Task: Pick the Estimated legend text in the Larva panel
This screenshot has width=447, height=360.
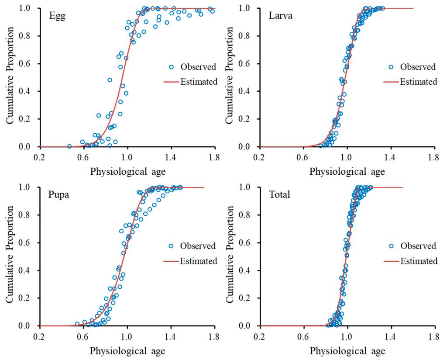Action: [x=418, y=82]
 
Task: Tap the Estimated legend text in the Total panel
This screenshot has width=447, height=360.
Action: [x=418, y=261]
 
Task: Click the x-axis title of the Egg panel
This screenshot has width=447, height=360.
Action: [x=127, y=171]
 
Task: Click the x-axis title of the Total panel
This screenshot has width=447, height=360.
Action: [x=347, y=351]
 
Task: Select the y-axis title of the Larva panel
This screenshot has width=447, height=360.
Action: [x=229, y=77]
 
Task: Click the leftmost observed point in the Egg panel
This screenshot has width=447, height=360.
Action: [x=69, y=146]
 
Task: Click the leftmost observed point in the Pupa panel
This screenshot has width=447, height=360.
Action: [x=77, y=324]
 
